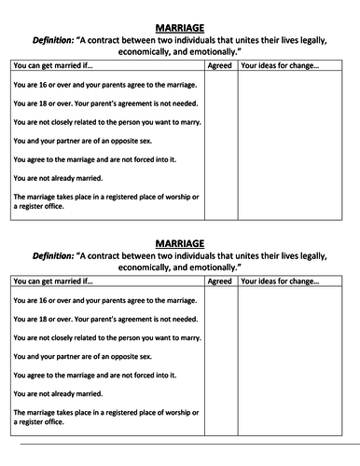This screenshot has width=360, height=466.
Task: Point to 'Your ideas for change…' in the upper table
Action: [280, 65]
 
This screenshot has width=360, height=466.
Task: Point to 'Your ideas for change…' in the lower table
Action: [280, 281]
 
